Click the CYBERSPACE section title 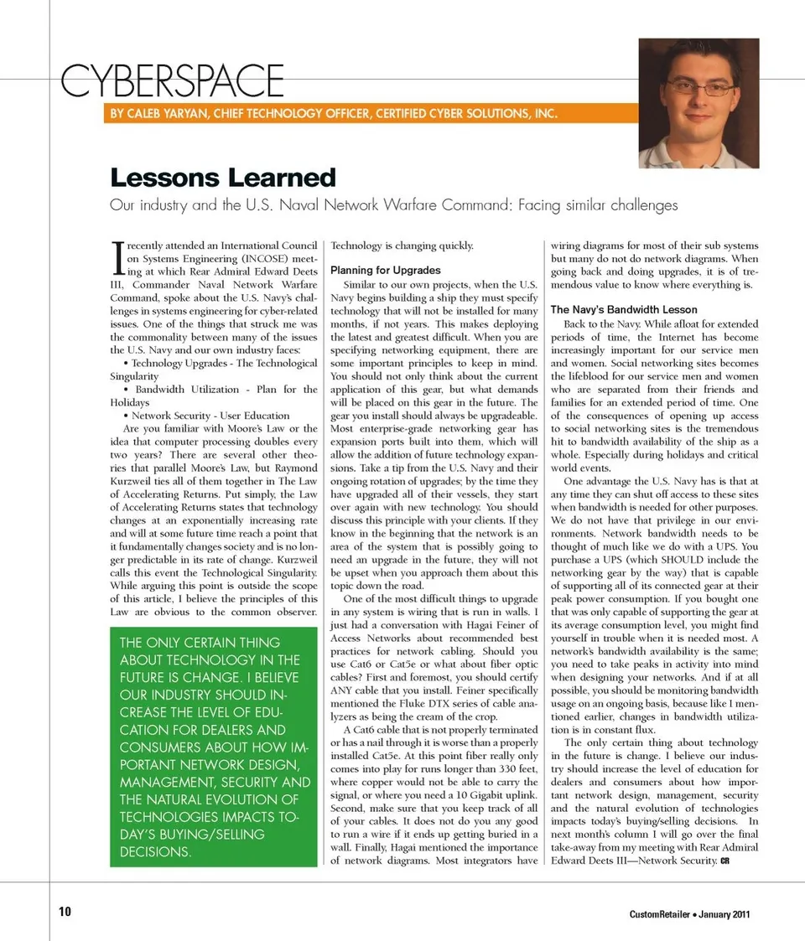[x=173, y=81]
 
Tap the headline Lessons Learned [x=222, y=178]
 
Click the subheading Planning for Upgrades [x=385, y=271]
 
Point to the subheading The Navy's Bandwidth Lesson [x=623, y=310]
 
